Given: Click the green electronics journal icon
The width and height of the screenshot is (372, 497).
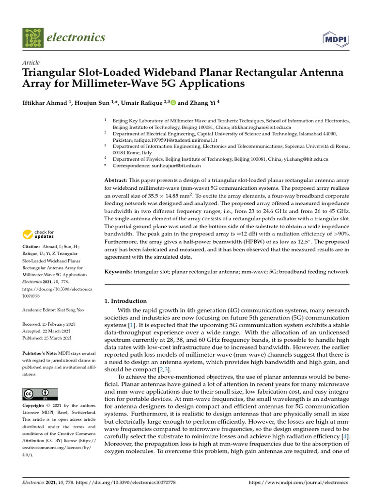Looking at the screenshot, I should (32, 37).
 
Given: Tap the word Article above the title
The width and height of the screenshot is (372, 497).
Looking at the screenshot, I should (31, 63).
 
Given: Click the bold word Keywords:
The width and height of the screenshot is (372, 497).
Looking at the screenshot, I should (118, 272).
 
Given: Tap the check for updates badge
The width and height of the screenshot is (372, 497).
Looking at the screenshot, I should (39, 234).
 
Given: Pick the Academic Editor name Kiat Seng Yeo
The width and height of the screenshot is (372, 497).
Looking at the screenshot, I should (69, 309).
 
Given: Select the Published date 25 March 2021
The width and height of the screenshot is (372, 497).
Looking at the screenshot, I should (57, 338).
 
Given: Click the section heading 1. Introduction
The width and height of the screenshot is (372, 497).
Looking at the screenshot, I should (125, 301).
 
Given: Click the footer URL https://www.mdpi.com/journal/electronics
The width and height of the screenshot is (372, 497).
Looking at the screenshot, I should (298, 483).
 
